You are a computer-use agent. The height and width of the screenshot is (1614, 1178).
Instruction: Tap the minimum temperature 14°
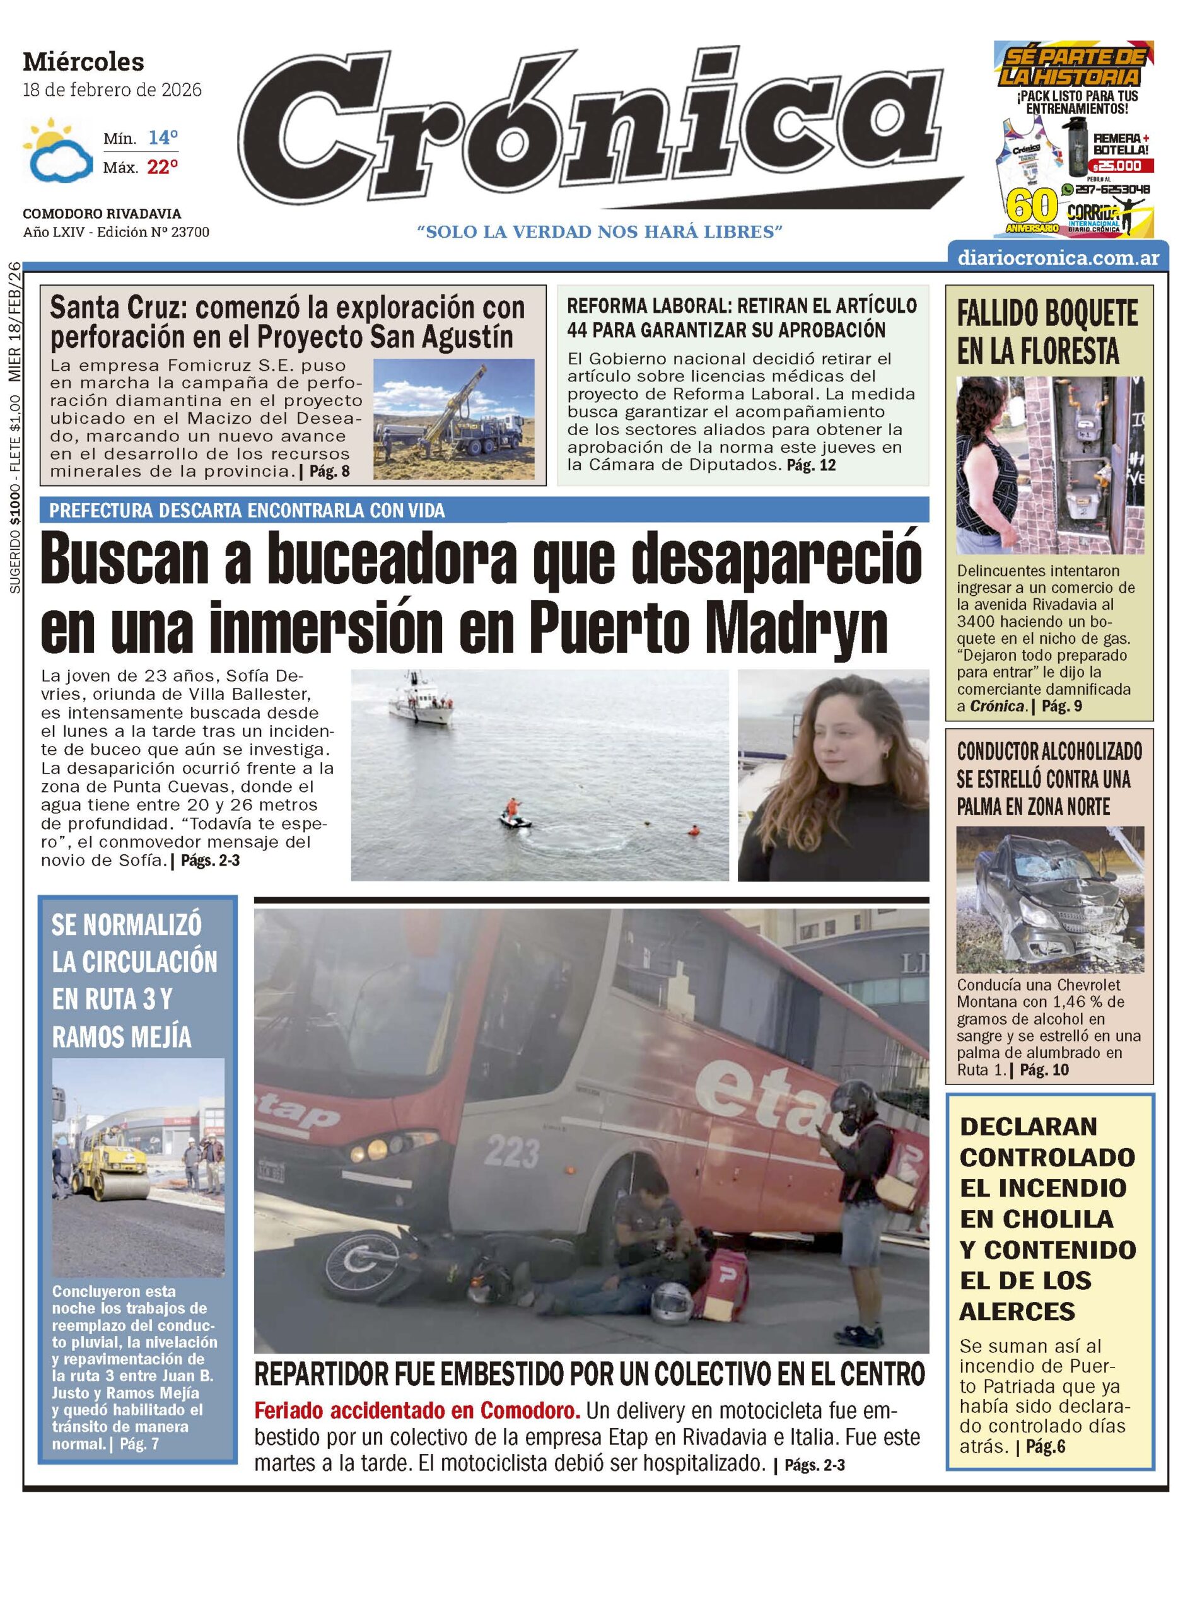click(163, 137)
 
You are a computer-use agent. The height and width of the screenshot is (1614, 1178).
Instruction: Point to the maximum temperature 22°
click(163, 168)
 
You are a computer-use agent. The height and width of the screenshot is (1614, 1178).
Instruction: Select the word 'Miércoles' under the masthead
click(83, 62)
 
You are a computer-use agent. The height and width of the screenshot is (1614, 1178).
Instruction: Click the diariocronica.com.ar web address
click(1058, 258)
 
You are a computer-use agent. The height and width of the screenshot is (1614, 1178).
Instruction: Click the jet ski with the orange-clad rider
click(515, 818)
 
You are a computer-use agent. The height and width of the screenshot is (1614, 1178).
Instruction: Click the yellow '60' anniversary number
click(1031, 207)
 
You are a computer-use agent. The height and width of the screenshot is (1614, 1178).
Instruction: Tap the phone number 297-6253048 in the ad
click(1112, 190)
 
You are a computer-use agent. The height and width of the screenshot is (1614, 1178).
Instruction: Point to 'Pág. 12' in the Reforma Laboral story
click(811, 465)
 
